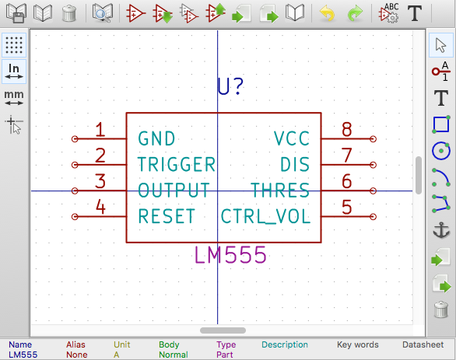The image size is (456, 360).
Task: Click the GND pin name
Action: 156,138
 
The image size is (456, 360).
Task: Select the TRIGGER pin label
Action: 176,165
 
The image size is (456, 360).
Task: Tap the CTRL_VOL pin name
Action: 265,216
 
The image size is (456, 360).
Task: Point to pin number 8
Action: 346,129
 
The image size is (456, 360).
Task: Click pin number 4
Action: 100,207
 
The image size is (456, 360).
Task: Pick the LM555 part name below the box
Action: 230,255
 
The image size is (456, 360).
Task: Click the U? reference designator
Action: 230,86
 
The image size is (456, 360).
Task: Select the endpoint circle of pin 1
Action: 75,139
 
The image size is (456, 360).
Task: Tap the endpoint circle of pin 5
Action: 373,216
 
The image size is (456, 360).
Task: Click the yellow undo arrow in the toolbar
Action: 327,13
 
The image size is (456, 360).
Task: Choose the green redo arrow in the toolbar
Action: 355,13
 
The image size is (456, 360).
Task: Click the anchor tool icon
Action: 441,230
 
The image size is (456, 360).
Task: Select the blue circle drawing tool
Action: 441,151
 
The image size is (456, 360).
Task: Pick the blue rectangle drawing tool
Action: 441,124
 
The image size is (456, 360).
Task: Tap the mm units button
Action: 14,98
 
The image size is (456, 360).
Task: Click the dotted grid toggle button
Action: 14,45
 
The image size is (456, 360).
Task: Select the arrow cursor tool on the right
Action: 441,45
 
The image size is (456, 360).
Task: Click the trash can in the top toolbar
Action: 69,13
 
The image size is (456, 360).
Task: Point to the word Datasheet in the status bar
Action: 423,344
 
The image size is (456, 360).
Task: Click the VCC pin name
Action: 292,138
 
